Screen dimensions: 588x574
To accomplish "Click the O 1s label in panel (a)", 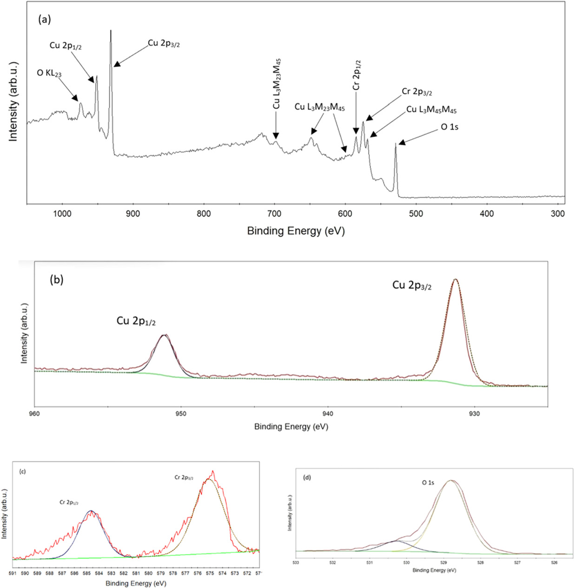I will point(449,126).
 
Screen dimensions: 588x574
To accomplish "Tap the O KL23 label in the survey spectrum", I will point(49,73).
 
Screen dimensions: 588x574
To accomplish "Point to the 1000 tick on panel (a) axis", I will point(62,213).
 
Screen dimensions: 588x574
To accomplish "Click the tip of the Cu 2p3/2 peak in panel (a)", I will point(111,31).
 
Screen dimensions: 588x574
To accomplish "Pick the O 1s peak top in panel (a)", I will point(396,144).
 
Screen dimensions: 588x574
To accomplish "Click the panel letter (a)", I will point(45,19).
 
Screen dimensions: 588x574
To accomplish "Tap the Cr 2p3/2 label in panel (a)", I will point(417,92).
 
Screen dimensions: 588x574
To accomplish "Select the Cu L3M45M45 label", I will point(431,110).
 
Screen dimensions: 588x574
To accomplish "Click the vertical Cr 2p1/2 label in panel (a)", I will point(356,75).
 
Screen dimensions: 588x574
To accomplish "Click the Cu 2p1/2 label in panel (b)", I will point(136,321).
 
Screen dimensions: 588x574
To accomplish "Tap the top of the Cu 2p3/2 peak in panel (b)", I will point(455,279).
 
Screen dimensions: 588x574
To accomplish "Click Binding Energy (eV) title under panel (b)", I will point(291,426).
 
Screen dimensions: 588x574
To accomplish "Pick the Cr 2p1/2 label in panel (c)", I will point(68,502).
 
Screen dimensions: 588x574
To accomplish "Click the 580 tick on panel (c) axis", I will point(148,573).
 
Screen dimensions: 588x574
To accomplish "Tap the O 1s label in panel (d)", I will point(428,483).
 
